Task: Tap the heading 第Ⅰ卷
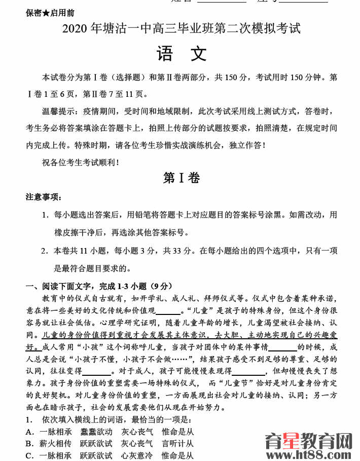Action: click(x=181, y=178)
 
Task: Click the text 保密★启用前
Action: click(x=50, y=13)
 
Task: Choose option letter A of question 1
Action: click(x=29, y=432)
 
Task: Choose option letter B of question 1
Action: click(x=29, y=444)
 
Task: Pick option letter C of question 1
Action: click(x=29, y=455)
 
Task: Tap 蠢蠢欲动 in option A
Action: click(x=96, y=432)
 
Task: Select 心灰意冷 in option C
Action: click(x=136, y=455)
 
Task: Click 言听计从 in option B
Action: click(x=177, y=444)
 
